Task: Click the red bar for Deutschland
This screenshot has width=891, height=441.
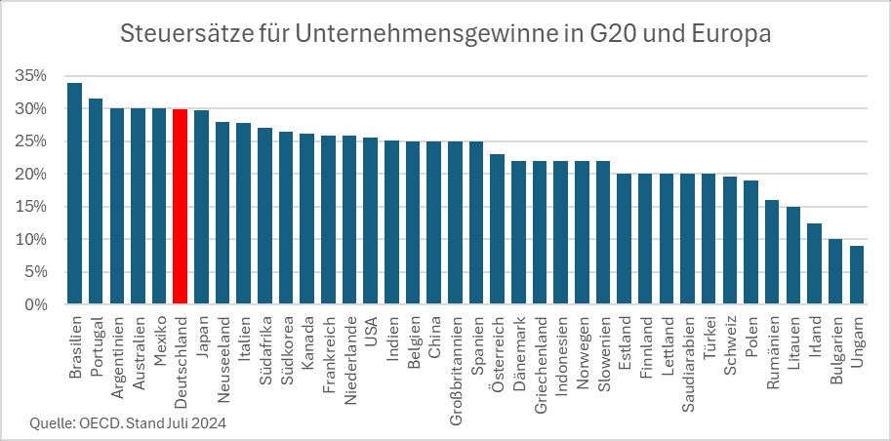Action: coord(180,207)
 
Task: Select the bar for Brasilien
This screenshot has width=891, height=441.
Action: coord(74,194)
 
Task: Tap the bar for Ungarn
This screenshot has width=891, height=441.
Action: coord(857,275)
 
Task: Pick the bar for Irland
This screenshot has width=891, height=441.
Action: coord(814,263)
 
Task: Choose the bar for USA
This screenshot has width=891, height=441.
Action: coord(370,221)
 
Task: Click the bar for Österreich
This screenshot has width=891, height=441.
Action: coord(497,229)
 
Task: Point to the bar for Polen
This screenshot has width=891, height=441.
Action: coord(750,242)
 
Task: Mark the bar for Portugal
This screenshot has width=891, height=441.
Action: coord(96,202)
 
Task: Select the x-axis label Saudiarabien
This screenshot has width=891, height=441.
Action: coord(689,361)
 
